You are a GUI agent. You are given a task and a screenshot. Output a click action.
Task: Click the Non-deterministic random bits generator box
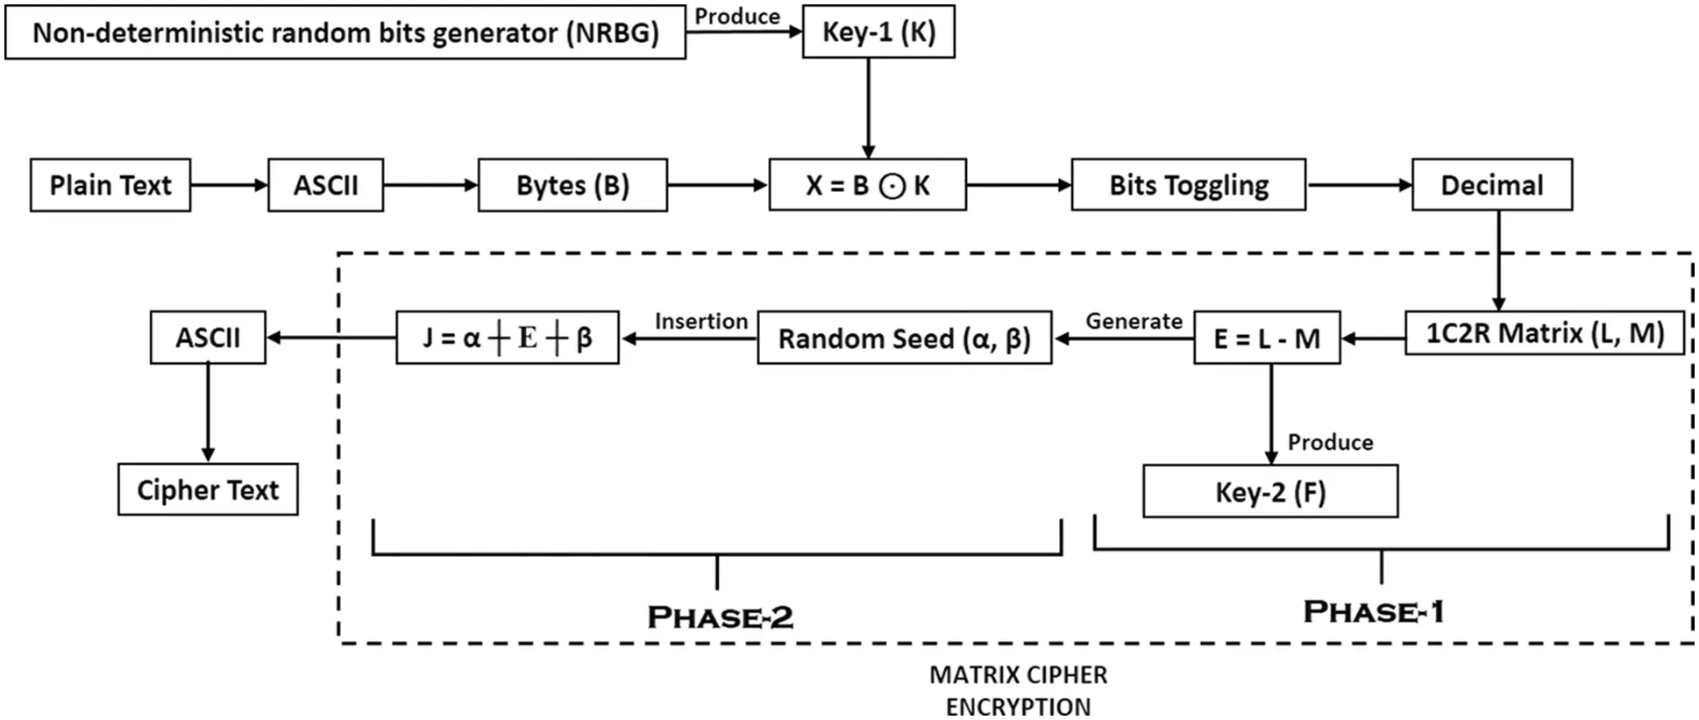tap(345, 32)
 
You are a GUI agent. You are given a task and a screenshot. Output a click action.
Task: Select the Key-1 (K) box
tap(878, 32)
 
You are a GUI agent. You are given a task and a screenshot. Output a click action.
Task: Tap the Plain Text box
tap(110, 185)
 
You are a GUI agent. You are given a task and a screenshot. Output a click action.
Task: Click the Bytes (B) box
tap(572, 185)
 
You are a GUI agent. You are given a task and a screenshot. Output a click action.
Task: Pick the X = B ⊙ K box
tap(867, 185)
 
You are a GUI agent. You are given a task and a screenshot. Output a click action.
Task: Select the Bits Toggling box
tap(1188, 185)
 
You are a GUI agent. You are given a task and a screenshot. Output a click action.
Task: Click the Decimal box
tap(1491, 185)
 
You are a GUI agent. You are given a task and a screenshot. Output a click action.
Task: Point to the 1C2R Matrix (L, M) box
tap(1544, 333)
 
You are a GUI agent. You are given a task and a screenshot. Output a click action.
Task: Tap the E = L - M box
tap(1266, 338)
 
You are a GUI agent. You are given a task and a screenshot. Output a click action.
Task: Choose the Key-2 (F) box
tap(1269, 492)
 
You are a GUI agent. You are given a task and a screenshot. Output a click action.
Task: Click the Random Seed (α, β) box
tap(904, 338)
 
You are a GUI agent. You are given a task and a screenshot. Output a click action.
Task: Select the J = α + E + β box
tap(507, 338)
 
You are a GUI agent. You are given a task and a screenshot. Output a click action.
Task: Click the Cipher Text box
tap(208, 489)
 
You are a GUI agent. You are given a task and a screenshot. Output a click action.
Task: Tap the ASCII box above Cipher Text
tap(208, 338)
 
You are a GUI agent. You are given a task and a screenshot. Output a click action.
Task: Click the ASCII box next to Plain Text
tap(325, 185)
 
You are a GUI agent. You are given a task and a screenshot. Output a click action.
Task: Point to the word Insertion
tap(700, 321)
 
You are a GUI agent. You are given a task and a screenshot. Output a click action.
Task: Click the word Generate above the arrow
tap(1134, 321)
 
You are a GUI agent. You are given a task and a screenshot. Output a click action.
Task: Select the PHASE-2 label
tap(720, 617)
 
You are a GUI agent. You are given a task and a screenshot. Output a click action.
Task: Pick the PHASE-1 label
tap(1373, 612)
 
